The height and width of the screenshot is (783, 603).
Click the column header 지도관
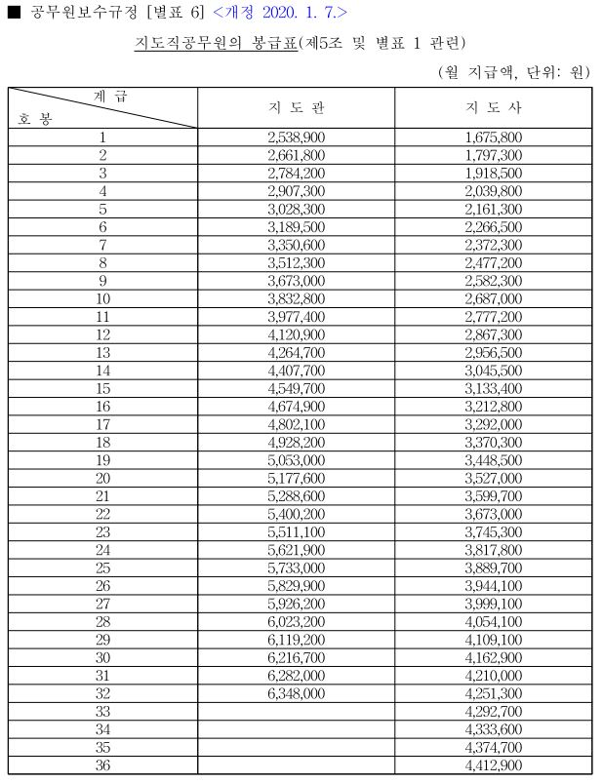296,106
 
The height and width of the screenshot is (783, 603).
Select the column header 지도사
494,106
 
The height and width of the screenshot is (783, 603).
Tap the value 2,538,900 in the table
296,138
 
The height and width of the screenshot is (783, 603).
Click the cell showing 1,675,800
494,138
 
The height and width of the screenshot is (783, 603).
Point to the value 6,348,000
296,693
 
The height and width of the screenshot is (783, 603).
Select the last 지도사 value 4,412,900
494,765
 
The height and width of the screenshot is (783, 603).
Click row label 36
102,765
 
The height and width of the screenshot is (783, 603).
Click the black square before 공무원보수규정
14,13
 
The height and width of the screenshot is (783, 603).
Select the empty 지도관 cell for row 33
296,712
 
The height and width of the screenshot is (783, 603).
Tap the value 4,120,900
296,335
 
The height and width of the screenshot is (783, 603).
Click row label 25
102,568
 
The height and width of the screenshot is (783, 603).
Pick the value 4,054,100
494,622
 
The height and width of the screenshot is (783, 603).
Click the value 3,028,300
296,210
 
